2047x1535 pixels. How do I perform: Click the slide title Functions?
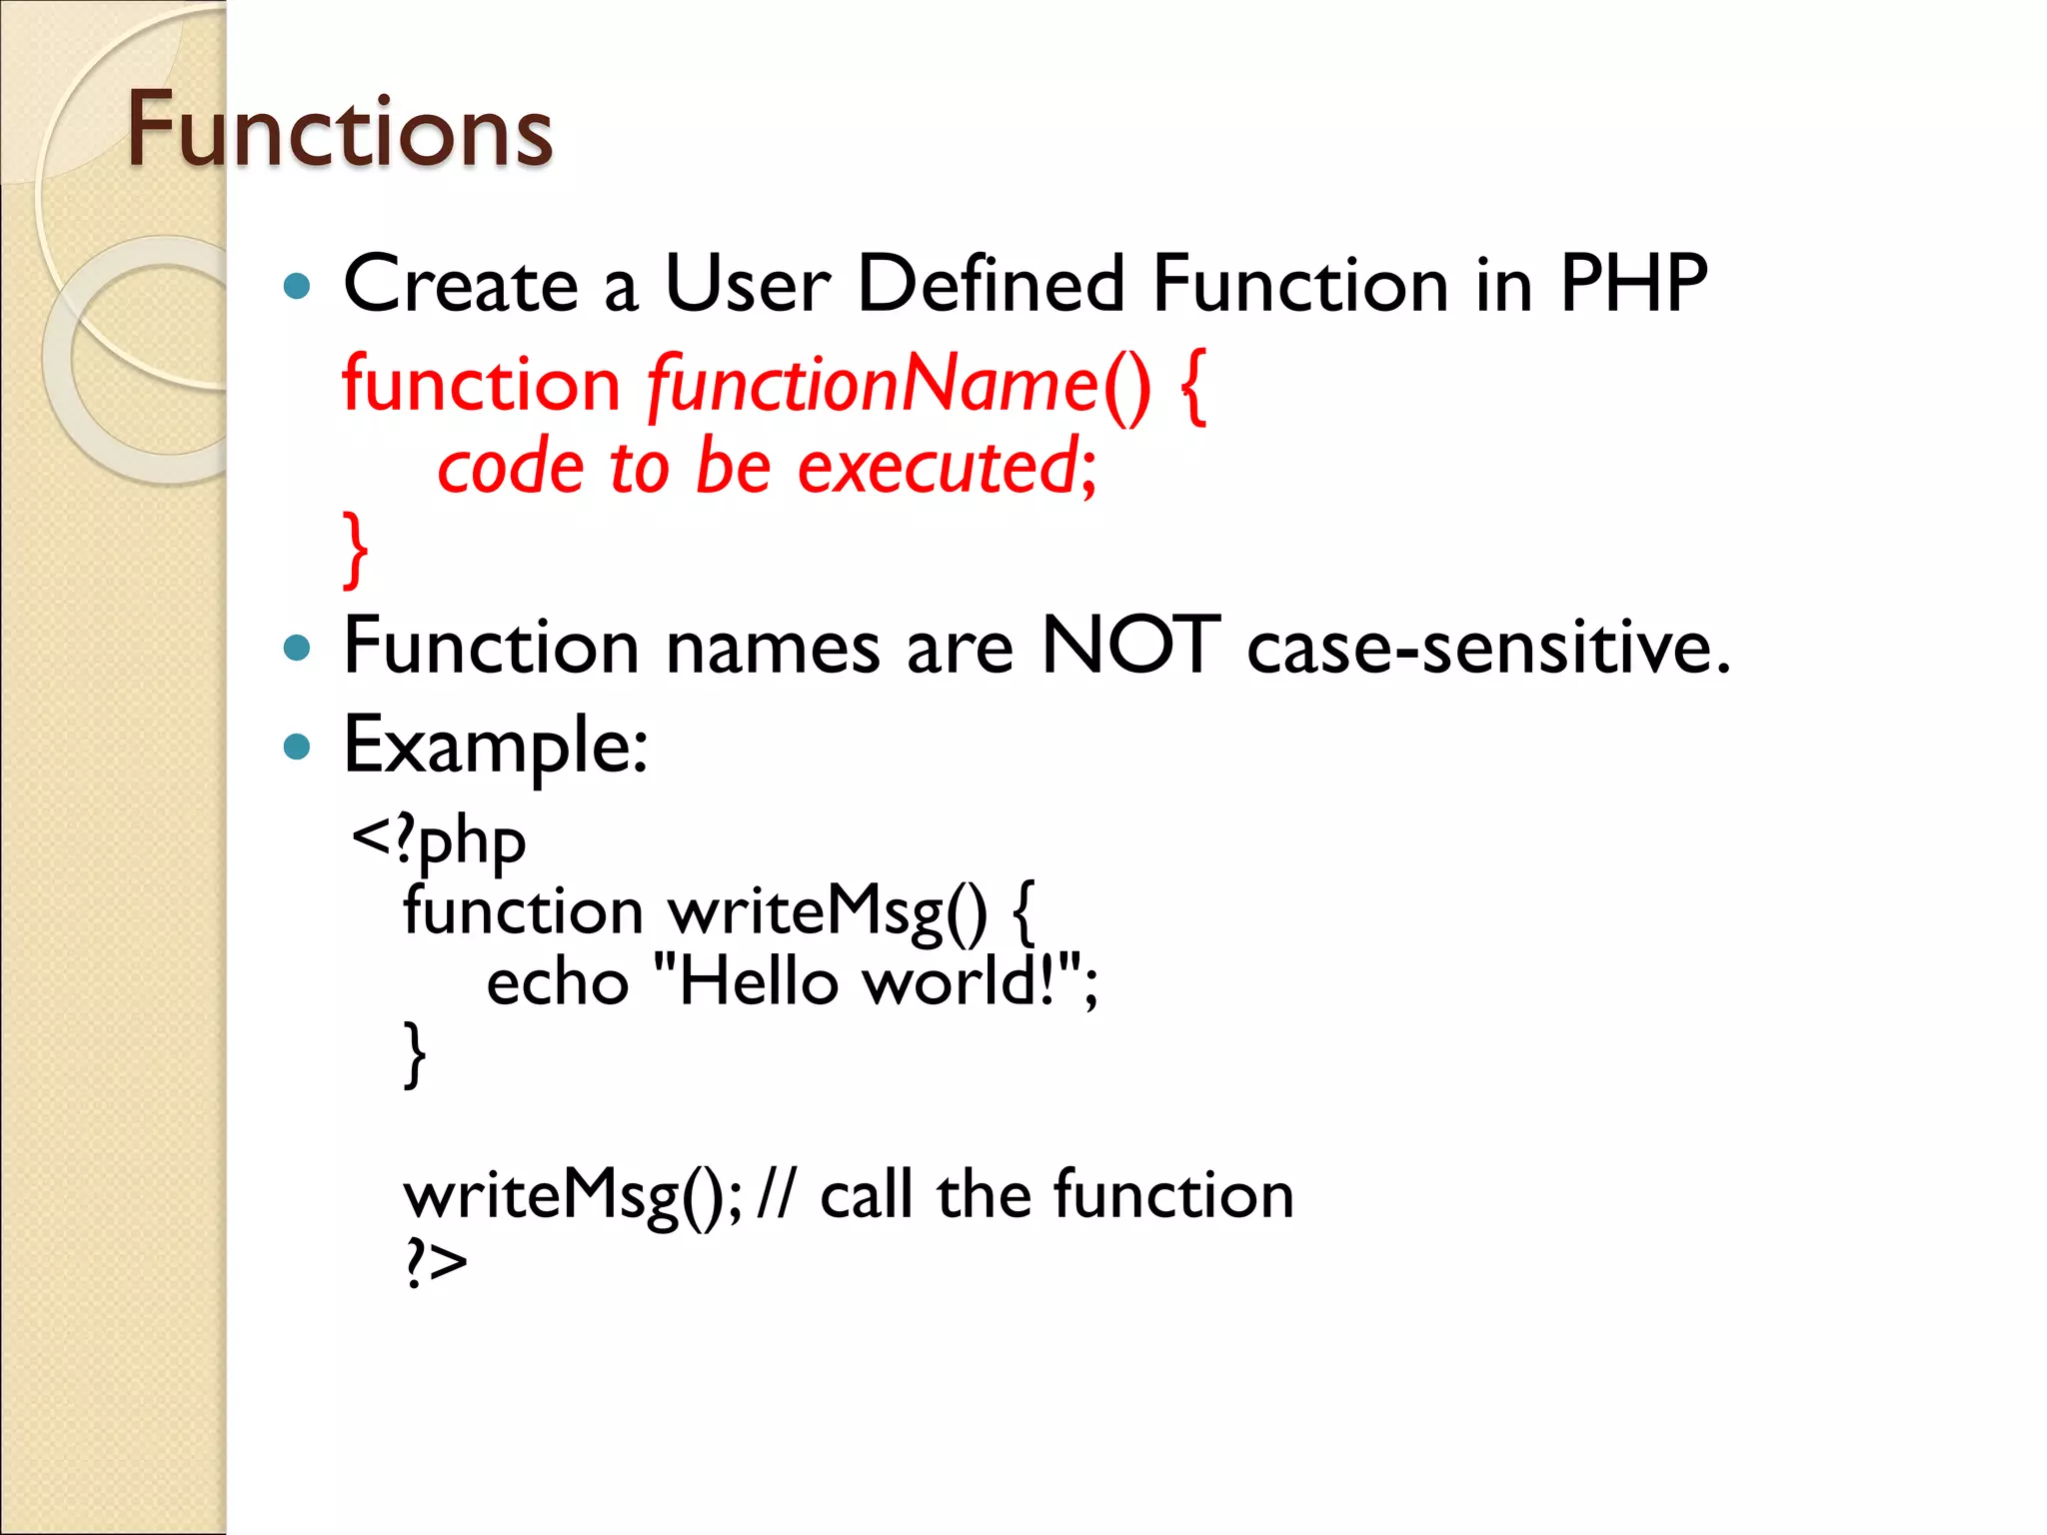click(x=339, y=131)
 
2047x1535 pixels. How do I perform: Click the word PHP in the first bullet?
click(x=1633, y=285)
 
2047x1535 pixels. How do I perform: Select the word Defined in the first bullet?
click(x=991, y=285)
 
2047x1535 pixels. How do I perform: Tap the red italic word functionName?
click(x=873, y=385)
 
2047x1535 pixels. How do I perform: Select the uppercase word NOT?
click(x=1130, y=646)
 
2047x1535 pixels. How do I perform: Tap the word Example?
click(x=494, y=747)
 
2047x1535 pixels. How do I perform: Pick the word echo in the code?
click(x=557, y=982)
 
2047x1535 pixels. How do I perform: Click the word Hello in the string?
click(x=758, y=982)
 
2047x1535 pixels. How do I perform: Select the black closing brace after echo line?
click(x=414, y=1053)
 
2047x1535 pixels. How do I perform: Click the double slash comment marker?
click(x=777, y=1194)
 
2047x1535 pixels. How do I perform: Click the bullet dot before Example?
click(x=297, y=747)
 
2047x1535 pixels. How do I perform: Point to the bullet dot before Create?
click(x=297, y=288)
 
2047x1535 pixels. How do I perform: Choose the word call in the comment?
click(x=867, y=1194)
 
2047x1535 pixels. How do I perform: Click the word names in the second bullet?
click(x=773, y=648)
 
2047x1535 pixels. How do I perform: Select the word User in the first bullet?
click(x=747, y=285)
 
